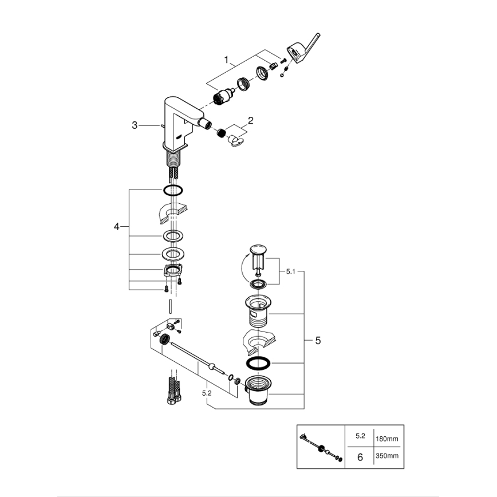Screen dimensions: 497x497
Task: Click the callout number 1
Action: [x=227, y=60]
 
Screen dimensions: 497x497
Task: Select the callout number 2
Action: [x=250, y=121]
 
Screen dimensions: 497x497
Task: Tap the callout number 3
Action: [x=135, y=125]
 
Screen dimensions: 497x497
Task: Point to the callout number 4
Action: [x=117, y=227]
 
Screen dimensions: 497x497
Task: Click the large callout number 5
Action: [x=318, y=340]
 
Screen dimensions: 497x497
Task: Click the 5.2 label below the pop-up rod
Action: [x=206, y=393]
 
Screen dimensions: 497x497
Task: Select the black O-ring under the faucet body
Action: [x=173, y=190]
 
